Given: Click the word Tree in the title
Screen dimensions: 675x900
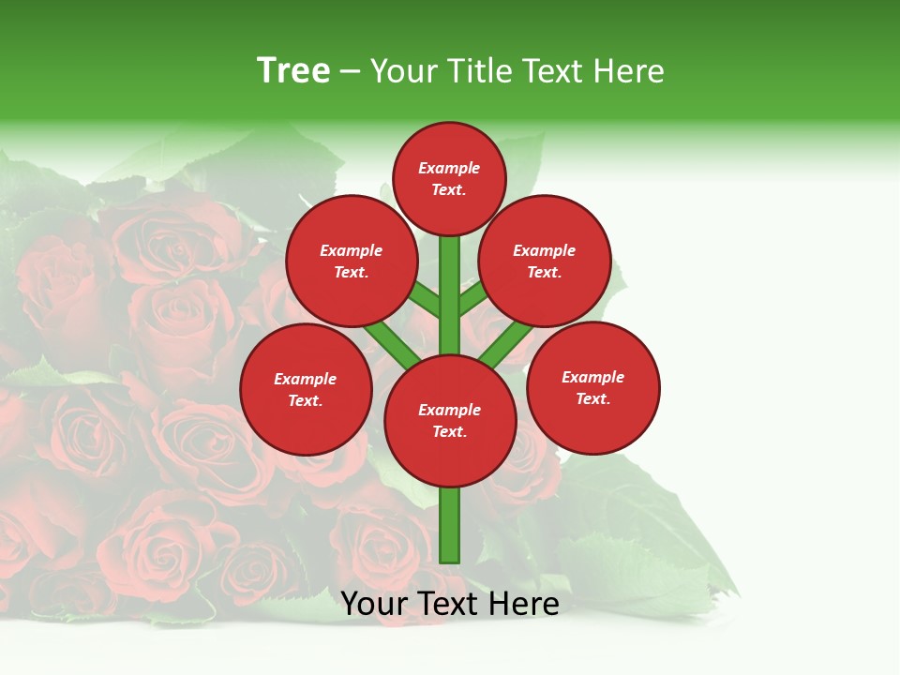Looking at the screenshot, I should click(x=293, y=71).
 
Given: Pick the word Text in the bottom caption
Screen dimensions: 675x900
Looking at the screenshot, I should click(x=445, y=604).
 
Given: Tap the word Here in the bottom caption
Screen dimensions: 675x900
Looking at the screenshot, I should click(x=523, y=604).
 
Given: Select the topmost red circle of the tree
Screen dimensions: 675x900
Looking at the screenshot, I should click(x=449, y=178).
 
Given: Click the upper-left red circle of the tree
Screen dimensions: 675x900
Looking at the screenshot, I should click(x=352, y=261).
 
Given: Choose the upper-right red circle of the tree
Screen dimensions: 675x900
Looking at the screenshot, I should click(x=545, y=261).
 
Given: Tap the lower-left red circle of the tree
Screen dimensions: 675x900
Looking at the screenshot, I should click(x=306, y=389).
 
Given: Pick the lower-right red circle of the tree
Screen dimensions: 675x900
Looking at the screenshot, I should click(x=593, y=387).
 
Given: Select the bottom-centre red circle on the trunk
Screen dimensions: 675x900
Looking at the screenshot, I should click(x=450, y=421).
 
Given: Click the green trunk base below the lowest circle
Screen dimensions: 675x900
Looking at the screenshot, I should click(x=450, y=525).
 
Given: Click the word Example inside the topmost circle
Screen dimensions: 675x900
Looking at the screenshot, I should click(x=449, y=168).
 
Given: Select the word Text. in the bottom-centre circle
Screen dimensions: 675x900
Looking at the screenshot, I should click(x=449, y=432).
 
